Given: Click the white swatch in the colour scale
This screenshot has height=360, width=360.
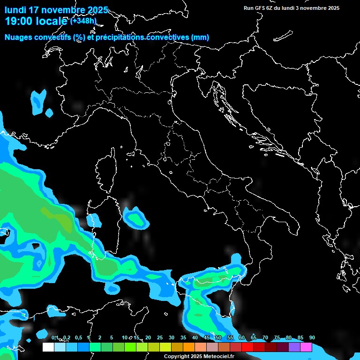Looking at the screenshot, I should (x=48, y=347).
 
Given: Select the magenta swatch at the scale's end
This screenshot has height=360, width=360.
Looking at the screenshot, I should (x=306, y=347).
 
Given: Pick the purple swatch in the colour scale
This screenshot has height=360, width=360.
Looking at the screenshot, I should (x=294, y=347).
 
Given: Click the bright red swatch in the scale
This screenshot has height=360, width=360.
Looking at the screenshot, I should (x=247, y=347).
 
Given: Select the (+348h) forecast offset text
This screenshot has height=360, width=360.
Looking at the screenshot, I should (x=83, y=21).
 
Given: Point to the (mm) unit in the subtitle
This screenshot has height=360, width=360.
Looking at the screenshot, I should (x=200, y=37).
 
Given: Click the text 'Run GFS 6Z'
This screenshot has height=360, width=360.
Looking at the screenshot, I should (x=260, y=8).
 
